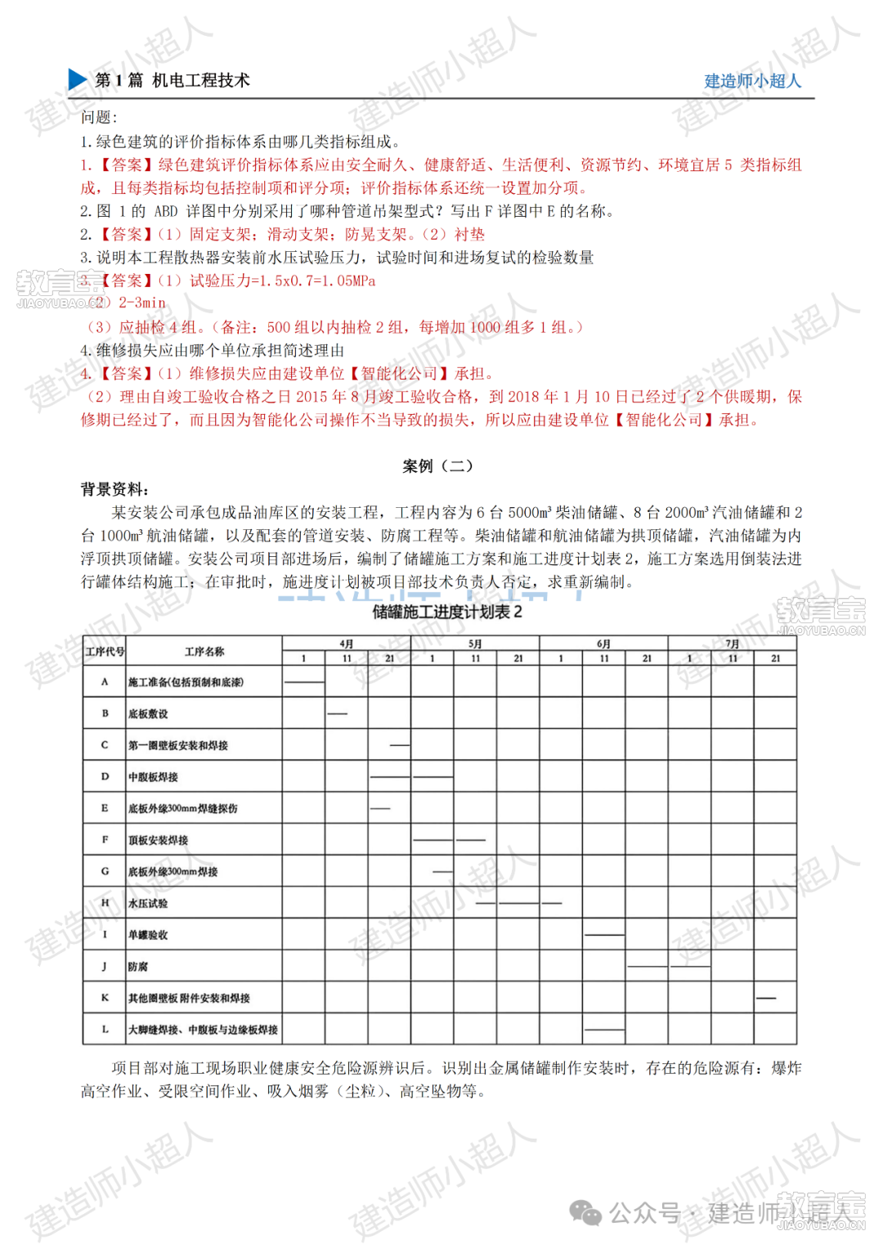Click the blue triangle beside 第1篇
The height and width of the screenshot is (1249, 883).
(x=78, y=79)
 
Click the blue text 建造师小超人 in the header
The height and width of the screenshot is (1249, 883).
(x=752, y=81)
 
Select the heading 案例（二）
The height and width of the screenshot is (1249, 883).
(x=437, y=466)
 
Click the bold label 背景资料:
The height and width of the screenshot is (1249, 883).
(x=114, y=489)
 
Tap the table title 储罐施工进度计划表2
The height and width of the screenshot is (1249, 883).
(x=447, y=612)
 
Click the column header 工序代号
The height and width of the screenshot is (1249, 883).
(x=105, y=652)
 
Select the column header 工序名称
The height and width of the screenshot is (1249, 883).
(x=204, y=652)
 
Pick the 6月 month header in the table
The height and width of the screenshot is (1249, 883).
(x=603, y=644)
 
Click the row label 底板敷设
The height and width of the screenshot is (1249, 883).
(x=148, y=714)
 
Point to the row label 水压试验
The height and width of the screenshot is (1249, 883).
(x=148, y=904)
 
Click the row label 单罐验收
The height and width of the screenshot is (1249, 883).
(x=148, y=935)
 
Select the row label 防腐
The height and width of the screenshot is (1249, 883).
(x=138, y=967)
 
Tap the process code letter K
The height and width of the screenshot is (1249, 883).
(x=105, y=998)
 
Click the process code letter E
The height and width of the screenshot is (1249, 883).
(x=105, y=808)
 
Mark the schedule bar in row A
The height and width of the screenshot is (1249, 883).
(x=303, y=682)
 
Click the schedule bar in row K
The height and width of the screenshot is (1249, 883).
(x=766, y=998)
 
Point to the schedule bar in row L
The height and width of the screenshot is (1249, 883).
(x=604, y=1029)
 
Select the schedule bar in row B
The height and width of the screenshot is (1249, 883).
(x=337, y=714)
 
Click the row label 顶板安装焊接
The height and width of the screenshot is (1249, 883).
(x=158, y=840)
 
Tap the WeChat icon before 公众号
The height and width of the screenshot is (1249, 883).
(x=585, y=1212)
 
